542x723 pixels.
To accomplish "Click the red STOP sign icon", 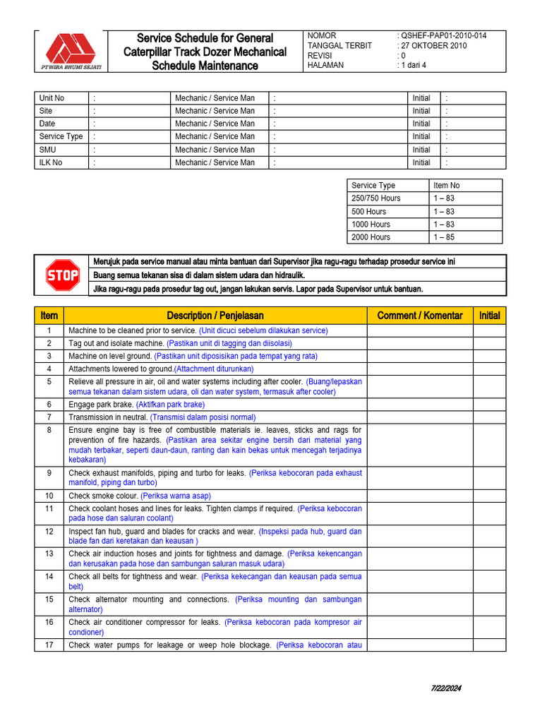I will click(x=63, y=275).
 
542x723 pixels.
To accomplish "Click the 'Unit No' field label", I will click(x=52, y=98).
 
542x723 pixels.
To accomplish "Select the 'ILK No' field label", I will click(x=51, y=162).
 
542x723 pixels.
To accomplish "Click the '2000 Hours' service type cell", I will click(x=371, y=237).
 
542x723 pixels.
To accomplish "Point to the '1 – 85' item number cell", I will click(x=444, y=237).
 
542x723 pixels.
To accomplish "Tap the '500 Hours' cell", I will click(x=368, y=211).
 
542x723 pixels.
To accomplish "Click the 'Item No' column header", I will click(x=446, y=186).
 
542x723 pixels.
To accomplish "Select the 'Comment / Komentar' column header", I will click(x=420, y=316).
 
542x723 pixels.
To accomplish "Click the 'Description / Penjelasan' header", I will click(x=215, y=316).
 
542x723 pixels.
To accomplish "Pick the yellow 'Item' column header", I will click(x=49, y=316).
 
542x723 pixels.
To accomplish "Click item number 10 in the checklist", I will click(x=49, y=496).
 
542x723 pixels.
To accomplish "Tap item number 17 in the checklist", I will click(x=49, y=645).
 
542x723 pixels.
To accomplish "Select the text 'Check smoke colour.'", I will click(x=103, y=496).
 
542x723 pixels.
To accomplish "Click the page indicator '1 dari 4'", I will click(x=414, y=66).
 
